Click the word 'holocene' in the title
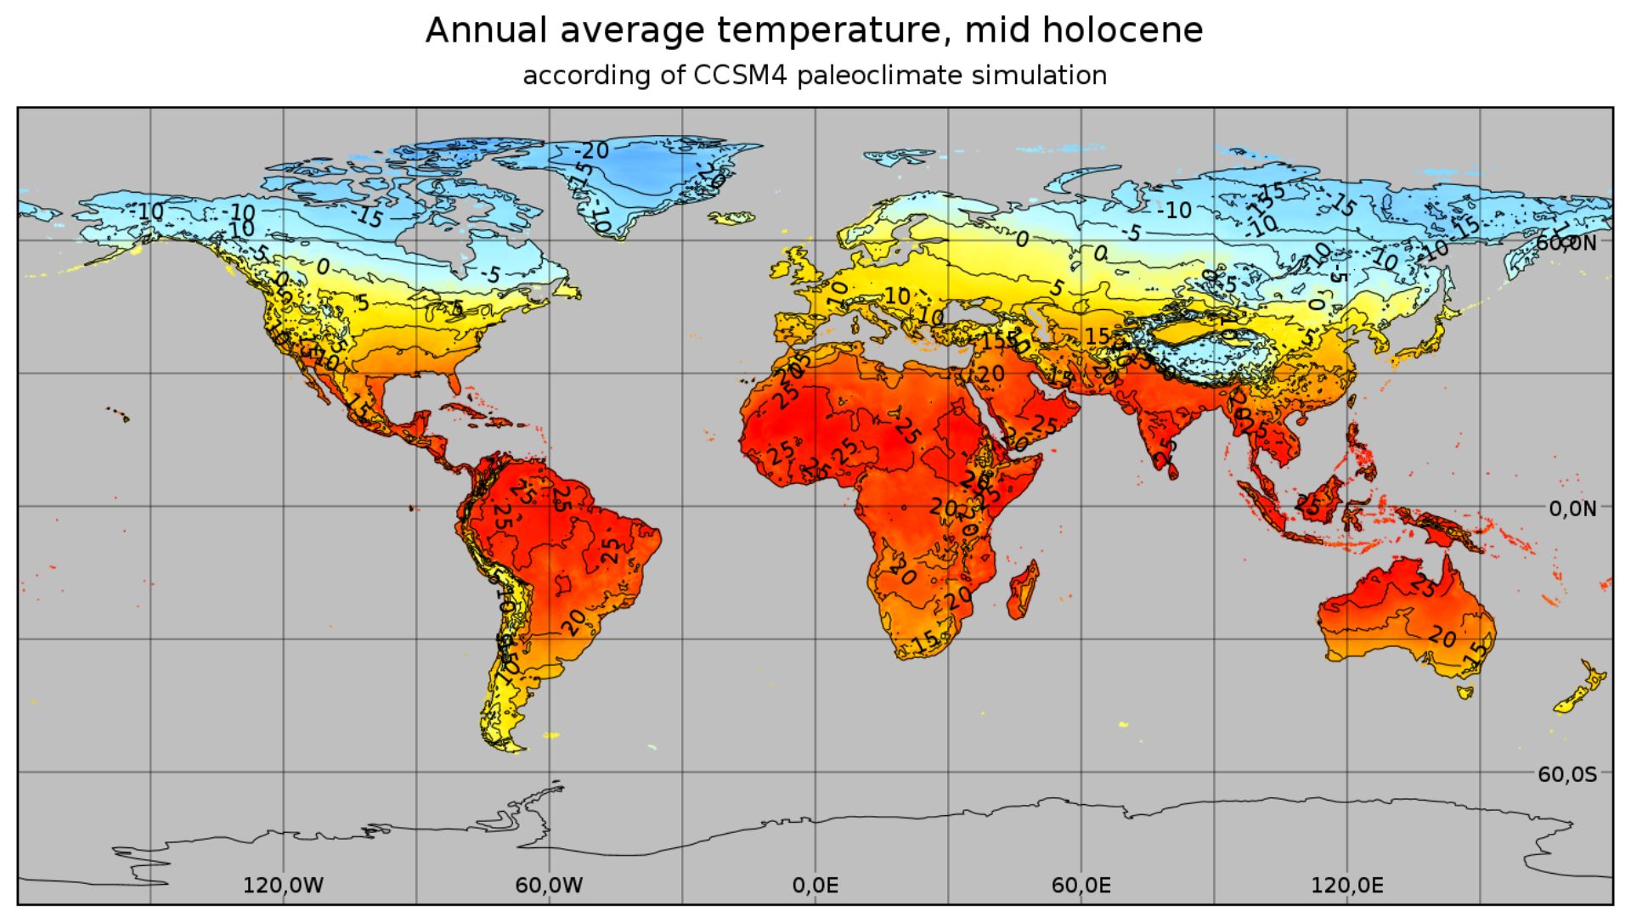click(x=1122, y=31)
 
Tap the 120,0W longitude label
click(x=283, y=886)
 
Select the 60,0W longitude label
click(x=549, y=886)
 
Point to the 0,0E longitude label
click(x=815, y=886)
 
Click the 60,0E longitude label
click(x=1081, y=886)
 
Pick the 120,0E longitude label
click(x=1346, y=886)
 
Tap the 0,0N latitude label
click(x=1572, y=509)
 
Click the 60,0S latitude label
click(x=1566, y=774)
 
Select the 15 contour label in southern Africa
click(x=926, y=639)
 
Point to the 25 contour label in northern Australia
click(x=1425, y=585)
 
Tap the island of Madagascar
click(x=1023, y=590)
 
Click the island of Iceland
click(x=731, y=218)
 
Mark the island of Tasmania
click(x=1465, y=692)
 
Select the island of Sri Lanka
click(x=1172, y=470)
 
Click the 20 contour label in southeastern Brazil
click(x=575, y=622)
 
